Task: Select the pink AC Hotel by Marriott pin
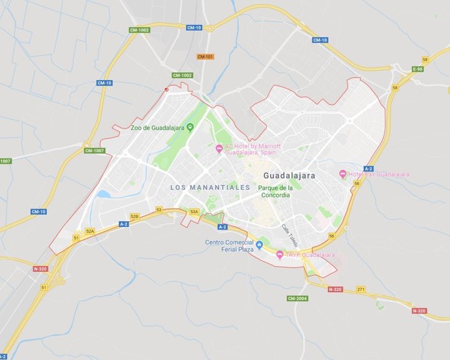[x=219, y=149]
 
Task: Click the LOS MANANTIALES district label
[x=210, y=187]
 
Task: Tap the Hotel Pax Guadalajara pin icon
[x=343, y=174]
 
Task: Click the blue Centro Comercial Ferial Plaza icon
[x=260, y=245]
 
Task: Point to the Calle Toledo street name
[x=288, y=233]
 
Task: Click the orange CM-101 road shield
[x=205, y=57]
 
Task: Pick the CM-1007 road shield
[x=95, y=151]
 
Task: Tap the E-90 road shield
[x=417, y=69]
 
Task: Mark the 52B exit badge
[x=134, y=216]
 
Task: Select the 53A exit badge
[x=194, y=212]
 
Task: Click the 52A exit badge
[x=90, y=231]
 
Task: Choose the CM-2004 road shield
[x=297, y=298]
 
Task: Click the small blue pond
[x=104, y=194]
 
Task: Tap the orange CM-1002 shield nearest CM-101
[x=182, y=75]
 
